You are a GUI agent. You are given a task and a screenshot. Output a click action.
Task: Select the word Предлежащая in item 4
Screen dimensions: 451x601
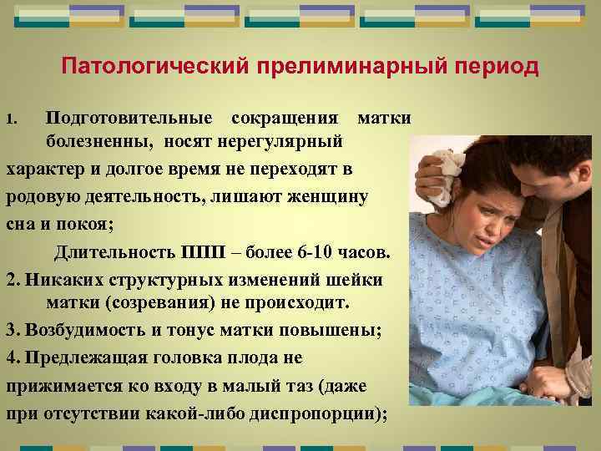click(83, 357)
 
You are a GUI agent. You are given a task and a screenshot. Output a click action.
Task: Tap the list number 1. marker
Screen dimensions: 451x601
click(12, 118)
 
